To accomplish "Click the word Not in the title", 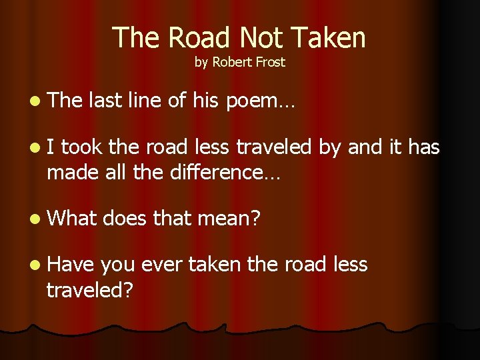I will tap(264, 38).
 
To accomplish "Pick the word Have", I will tap(71, 264).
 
